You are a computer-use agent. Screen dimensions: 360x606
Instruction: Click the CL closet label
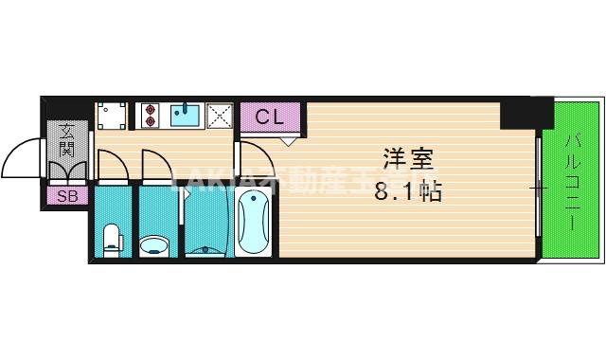[x=270, y=118]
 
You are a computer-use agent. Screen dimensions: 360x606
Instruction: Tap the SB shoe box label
[x=67, y=196]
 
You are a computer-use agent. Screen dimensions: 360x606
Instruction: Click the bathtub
[x=255, y=223]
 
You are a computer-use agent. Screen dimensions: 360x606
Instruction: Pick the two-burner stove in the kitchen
[x=151, y=116]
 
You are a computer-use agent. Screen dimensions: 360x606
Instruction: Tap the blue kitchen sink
[x=185, y=116]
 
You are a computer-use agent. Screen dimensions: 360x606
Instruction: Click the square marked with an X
[x=220, y=116]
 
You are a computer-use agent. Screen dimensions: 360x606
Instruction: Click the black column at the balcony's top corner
[x=526, y=113]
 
